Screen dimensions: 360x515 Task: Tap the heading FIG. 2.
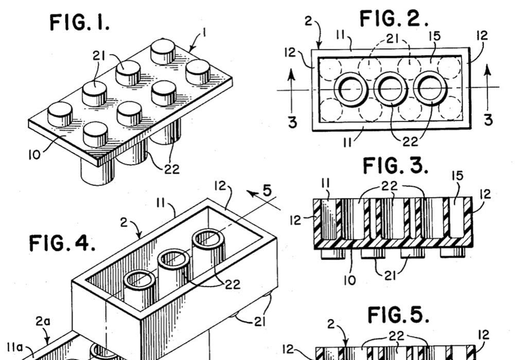[x=394, y=19]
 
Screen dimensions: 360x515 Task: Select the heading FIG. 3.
[x=396, y=166]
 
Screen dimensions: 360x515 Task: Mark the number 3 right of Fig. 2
[x=488, y=119]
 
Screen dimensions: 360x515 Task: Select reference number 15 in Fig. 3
[x=456, y=176]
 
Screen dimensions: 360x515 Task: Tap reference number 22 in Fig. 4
[x=233, y=284]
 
